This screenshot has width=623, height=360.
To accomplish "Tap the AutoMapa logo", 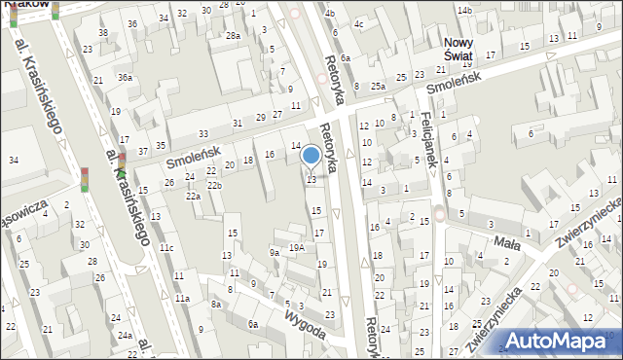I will pos(562,342).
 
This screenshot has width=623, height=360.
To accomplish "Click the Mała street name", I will pos(507,241).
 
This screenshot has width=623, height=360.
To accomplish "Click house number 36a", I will pos(125,77).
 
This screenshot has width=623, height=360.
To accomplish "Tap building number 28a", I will pos(233,35).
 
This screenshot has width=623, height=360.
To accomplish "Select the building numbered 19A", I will pos(296,247).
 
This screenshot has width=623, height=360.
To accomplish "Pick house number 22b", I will pos(214,185).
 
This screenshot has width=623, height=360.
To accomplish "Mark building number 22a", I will pos(194,196).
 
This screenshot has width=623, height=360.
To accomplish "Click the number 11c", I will pos(166,248).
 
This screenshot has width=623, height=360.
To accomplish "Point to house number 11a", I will pos(182,298).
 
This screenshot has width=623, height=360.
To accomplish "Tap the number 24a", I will pos(125,335).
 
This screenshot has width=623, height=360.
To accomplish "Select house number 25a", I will pos(377,86).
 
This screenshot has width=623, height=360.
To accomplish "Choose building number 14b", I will pos(465,11).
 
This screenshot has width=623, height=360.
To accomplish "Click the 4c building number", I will pos(359,23).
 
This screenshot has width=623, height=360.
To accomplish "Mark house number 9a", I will pos(275,253).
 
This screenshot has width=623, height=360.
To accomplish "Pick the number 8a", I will pos(215,305).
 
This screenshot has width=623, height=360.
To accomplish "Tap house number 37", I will pos(143,151).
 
